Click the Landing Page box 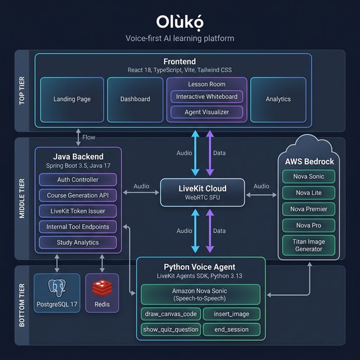tap(72, 99)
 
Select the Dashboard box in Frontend tap(135, 99)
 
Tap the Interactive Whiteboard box tap(207, 97)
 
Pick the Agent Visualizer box tap(207, 112)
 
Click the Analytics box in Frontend tap(278, 99)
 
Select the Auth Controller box tap(77, 180)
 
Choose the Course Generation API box tap(77, 195)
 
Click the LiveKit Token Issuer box tap(77, 211)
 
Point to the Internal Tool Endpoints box tap(77, 227)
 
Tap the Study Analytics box tap(77, 243)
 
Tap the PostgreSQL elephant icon tap(57, 288)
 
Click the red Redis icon tap(102, 288)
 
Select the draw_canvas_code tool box tap(170, 314)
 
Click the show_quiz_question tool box tap(170, 329)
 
